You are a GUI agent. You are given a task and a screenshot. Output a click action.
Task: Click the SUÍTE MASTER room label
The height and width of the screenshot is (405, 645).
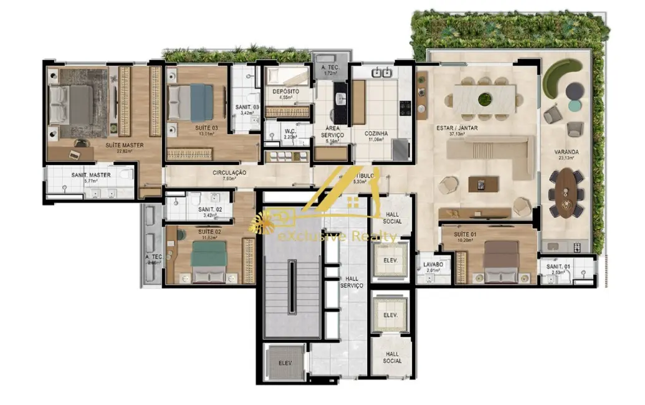124,145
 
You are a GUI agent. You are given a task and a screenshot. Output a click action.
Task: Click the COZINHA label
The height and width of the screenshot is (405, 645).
376,133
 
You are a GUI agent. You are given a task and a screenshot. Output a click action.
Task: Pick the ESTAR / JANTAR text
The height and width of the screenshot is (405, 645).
456,129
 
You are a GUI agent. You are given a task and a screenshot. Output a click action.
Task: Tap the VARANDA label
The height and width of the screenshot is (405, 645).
566,151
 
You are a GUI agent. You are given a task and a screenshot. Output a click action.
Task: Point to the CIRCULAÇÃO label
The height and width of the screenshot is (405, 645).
229,173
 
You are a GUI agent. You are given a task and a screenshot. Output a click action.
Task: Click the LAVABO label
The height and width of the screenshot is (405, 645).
432,264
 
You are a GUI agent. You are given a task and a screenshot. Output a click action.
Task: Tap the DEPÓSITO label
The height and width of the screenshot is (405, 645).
285,92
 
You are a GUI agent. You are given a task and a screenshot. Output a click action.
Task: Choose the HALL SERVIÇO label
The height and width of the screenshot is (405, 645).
351,281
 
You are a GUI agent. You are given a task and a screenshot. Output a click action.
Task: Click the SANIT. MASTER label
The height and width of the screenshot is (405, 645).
91,175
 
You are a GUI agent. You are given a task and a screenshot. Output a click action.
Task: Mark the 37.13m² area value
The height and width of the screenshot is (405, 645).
456,136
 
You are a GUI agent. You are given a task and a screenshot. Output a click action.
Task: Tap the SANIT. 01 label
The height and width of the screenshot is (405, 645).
558,267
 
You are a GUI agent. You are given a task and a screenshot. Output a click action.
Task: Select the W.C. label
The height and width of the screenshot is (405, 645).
289,131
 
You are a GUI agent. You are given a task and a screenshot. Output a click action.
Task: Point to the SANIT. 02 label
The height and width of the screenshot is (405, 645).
211,209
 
